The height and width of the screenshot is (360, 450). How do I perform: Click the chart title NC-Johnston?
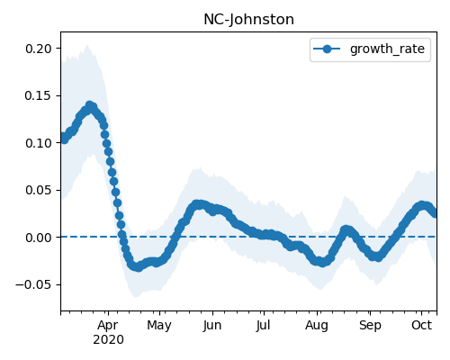coord(248,20)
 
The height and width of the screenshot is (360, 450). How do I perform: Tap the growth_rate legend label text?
coord(387,49)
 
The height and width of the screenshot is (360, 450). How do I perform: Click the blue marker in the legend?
coord(327,49)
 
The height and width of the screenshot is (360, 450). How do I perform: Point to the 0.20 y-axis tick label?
coord(39,49)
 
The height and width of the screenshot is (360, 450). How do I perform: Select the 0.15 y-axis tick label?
coord(39,95)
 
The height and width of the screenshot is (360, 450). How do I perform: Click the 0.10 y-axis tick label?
coord(39,143)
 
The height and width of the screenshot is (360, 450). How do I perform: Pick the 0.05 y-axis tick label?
coord(39,190)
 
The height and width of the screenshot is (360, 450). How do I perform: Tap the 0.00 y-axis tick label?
coord(39,238)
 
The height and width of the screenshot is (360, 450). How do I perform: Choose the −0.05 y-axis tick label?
coord(34,284)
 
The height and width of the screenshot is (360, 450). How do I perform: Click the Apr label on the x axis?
coord(108,325)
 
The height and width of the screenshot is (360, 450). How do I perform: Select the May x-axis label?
coord(159,325)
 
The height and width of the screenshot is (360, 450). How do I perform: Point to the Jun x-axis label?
coord(212,325)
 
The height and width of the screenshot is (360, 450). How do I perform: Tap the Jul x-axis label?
coord(264,325)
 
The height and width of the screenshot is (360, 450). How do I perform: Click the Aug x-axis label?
coord(317,325)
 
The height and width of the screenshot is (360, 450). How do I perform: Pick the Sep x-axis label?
coord(370,325)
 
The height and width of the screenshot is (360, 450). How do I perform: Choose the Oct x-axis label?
coord(421,325)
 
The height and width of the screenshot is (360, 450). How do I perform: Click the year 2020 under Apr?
coord(108,340)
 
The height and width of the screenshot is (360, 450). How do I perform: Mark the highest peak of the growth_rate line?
coord(89,105)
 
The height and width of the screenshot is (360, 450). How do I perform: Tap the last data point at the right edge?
coord(435,213)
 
